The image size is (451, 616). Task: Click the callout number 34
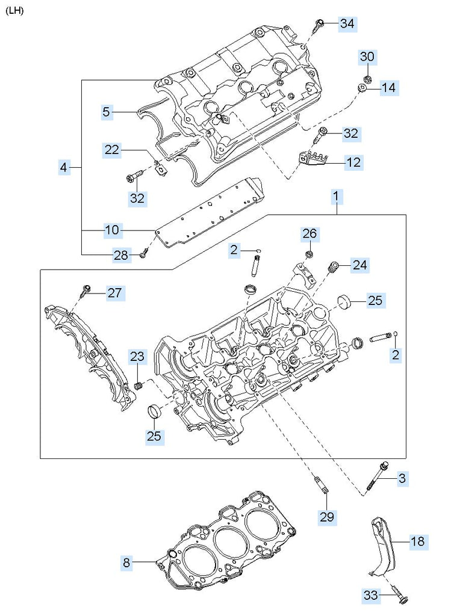(x=347, y=23)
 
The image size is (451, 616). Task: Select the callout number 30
(x=368, y=57)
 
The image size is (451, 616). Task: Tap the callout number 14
(x=388, y=88)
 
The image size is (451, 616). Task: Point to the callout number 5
(x=106, y=111)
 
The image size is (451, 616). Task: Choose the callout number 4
(x=64, y=167)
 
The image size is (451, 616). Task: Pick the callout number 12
(x=353, y=161)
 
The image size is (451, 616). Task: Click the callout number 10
(x=111, y=230)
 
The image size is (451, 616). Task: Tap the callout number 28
(x=121, y=255)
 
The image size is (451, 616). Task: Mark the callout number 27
(x=114, y=293)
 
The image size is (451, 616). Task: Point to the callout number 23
(x=137, y=357)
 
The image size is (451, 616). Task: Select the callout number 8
(x=126, y=563)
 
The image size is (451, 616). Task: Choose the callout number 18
(x=417, y=541)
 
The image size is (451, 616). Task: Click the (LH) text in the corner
(x=14, y=11)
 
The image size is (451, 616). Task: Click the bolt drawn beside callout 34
(x=318, y=25)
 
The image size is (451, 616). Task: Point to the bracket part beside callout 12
(x=313, y=160)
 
